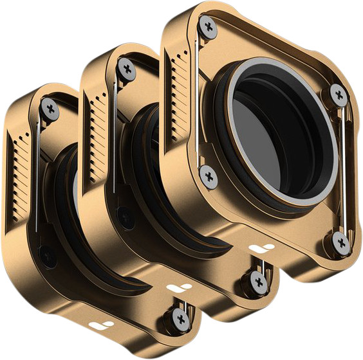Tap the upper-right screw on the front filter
click(340, 96)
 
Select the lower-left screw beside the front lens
click(207, 174)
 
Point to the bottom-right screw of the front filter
click(342, 242)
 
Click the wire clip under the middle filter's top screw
click(116, 129)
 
